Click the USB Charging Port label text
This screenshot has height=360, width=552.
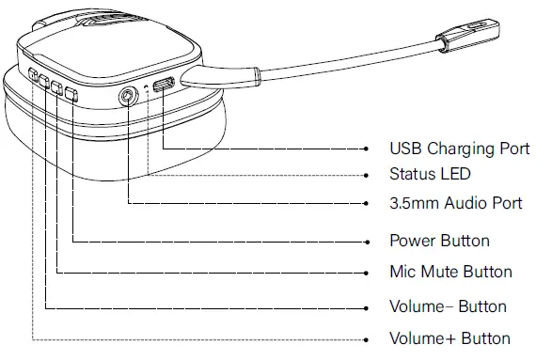click(459, 149)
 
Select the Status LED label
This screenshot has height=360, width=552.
click(430, 175)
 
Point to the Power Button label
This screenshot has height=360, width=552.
click(439, 241)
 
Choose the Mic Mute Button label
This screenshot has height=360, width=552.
click(450, 272)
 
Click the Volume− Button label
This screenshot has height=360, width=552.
click(448, 306)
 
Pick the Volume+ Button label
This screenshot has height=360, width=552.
click(449, 338)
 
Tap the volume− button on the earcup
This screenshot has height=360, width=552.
click(44, 81)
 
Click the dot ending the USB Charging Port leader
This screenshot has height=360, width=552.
click(366, 149)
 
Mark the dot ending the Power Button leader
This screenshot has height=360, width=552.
click(366, 241)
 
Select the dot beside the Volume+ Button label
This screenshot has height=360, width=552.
click(366, 338)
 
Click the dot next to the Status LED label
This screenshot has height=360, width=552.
click(366, 175)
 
